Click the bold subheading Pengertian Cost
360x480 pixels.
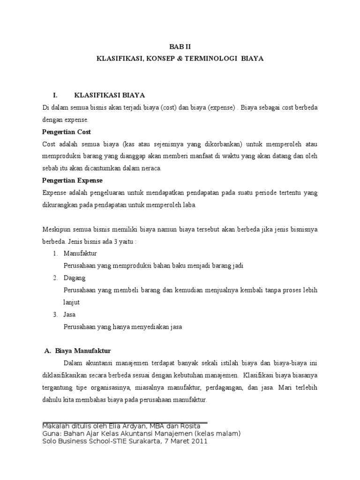(x=67, y=132)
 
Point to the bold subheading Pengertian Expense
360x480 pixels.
(x=72, y=180)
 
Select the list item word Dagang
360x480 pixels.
(x=75, y=277)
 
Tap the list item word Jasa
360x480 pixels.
(x=70, y=314)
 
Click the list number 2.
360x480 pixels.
(x=55, y=277)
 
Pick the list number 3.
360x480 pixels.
(x=55, y=314)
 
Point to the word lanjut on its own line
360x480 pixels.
(x=72, y=302)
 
